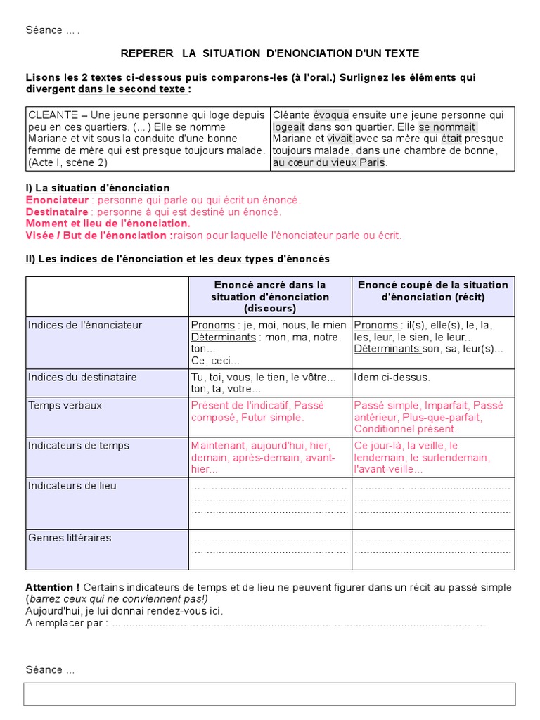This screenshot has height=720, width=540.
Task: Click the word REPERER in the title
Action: [146, 53]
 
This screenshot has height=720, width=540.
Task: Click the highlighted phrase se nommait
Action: [447, 127]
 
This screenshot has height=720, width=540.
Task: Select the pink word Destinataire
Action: [57, 212]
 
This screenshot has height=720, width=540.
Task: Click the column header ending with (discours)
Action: [270, 297]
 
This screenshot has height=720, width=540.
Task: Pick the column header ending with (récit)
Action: [432, 291]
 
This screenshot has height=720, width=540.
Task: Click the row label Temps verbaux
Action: [65, 406]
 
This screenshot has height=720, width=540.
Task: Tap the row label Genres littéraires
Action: [70, 538]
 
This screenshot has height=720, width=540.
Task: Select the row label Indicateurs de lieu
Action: [72, 486]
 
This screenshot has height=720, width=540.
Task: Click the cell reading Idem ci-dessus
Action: [392, 378]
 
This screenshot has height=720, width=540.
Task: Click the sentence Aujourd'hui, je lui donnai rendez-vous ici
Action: [124, 611]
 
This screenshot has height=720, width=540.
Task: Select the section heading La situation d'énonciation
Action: [102, 188]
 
